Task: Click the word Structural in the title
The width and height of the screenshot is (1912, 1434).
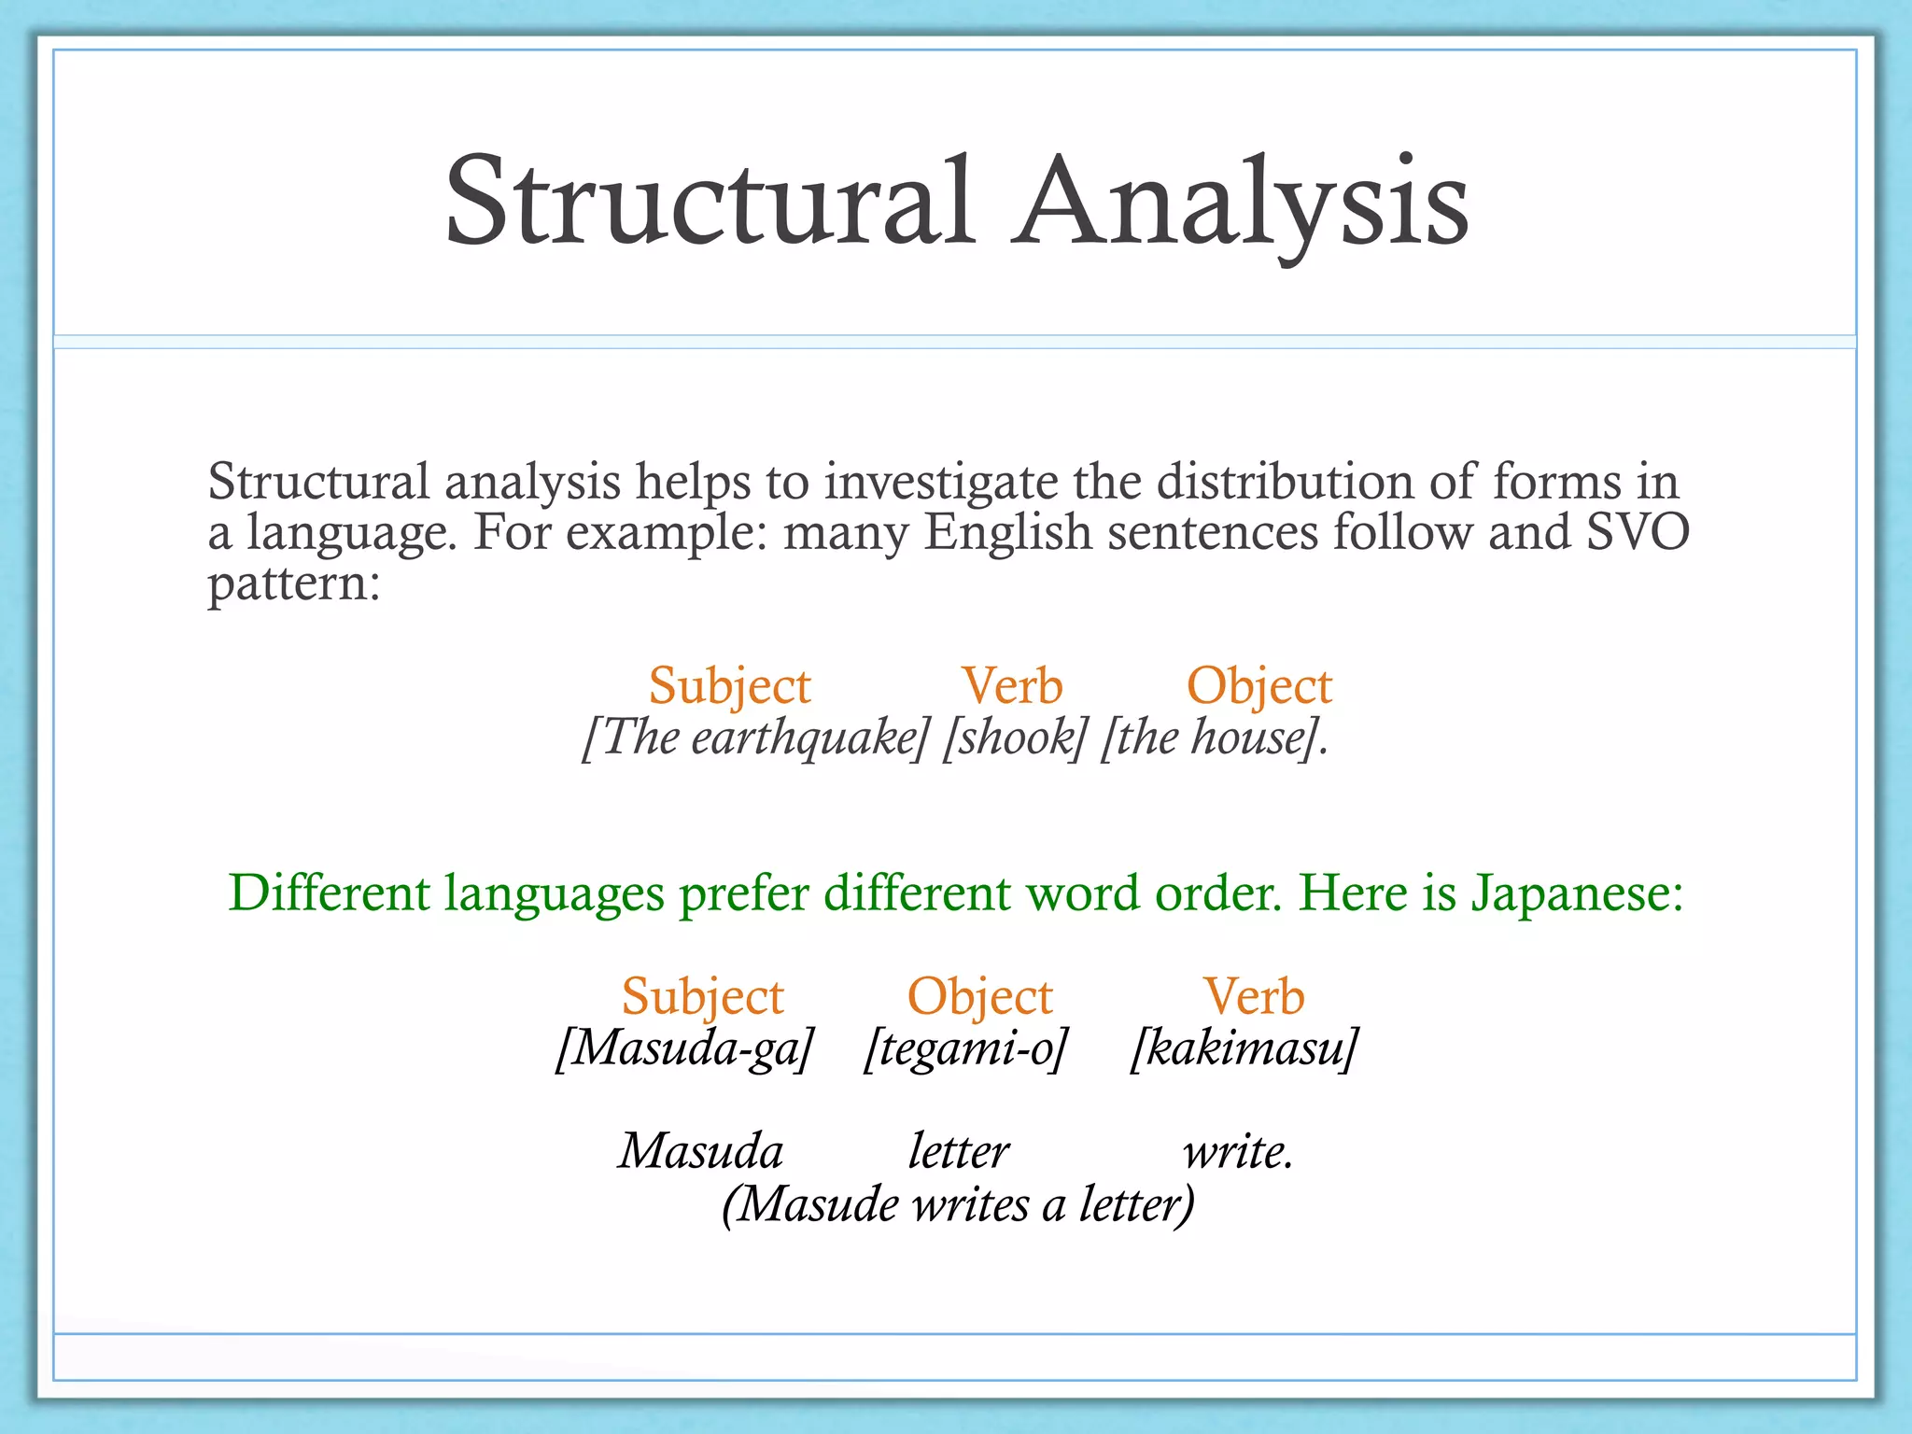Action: coord(710,203)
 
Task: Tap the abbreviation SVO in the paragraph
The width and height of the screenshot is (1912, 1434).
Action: coord(1638,532)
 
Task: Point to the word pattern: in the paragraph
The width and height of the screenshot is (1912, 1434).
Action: coord(293,585)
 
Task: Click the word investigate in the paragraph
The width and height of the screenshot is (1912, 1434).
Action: coord(940,483)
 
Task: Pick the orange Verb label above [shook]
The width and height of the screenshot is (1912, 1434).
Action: coord(1012,686)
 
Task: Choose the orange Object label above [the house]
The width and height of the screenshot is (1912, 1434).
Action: coord(1258,686)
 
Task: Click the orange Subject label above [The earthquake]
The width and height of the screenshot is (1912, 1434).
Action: coord(729,686)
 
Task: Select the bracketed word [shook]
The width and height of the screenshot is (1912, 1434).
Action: coord(1015,738)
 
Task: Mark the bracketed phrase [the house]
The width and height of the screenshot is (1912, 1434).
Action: coord(1213,738)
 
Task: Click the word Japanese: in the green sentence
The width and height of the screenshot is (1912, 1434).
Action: coord(1577,893)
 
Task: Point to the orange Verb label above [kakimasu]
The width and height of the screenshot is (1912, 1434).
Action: coord(1253,996)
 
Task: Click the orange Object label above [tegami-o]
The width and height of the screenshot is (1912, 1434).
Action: coord(979,996)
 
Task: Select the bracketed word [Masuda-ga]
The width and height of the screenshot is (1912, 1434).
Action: coord(685,1048)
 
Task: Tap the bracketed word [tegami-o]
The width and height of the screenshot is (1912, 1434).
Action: coord(965,1048)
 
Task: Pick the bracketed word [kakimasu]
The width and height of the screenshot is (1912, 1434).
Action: coord(1244,1048)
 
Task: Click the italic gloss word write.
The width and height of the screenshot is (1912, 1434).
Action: coord(1238,1152)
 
